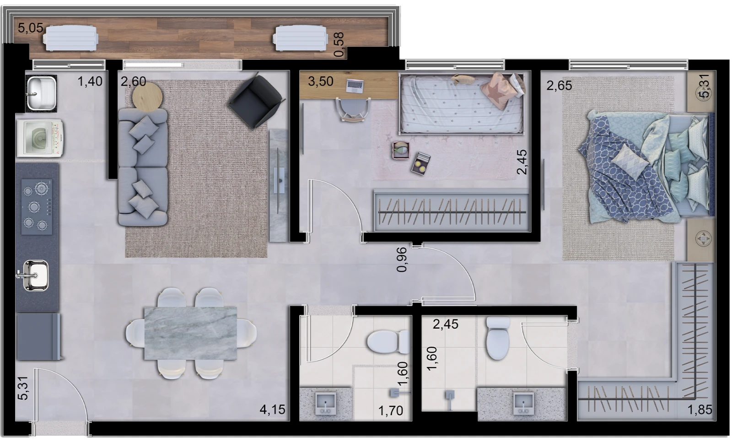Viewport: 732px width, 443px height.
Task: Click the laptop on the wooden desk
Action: [355, 86]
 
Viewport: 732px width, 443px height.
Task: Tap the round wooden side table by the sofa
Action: [147, 97]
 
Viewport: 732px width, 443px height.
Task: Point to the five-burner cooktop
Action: [37, 206]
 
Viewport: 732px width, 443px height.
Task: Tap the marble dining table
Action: [190, 333]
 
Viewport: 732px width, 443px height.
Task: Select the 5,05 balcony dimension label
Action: [30, 28]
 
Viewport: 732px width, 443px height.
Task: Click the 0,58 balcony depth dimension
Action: [339, 44]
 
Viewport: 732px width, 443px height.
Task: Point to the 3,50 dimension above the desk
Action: [321, 81]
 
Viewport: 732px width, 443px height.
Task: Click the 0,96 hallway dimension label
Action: [402, 259]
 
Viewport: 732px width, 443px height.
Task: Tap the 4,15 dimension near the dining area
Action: [273, 410]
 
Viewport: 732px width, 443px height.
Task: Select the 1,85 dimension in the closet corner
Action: [700, 410]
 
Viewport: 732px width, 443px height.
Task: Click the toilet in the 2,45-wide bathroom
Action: [498, 338]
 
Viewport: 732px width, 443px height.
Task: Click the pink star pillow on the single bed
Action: [499, 91]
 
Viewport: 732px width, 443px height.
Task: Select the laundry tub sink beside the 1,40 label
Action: [42, 93]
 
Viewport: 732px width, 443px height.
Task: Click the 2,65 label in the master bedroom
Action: [559, 86]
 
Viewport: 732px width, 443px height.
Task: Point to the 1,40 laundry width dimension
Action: [90, 81]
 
